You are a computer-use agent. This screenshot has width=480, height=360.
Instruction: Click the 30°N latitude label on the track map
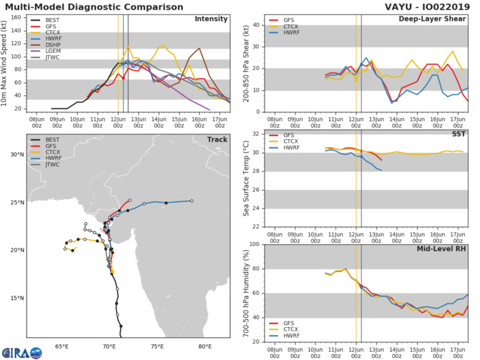(16, 155)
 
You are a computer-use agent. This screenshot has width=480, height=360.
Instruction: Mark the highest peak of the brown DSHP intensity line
(199, 48)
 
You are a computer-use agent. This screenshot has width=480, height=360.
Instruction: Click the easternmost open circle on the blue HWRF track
(192, 201)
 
